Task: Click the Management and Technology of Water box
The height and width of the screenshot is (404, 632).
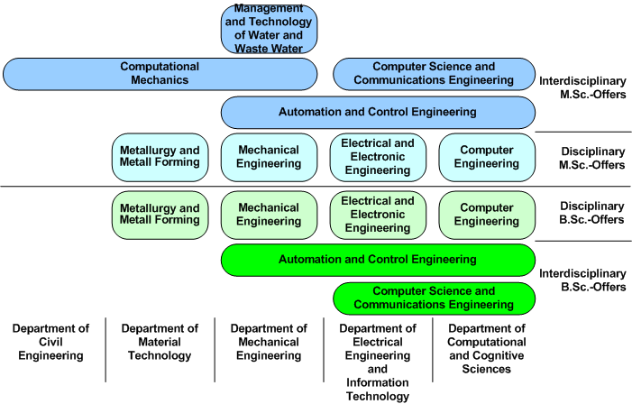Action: (x=269, y=29)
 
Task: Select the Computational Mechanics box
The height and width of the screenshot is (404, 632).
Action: (x=160, y=74)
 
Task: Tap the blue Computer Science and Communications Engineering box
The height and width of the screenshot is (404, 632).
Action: (x=434, y=74)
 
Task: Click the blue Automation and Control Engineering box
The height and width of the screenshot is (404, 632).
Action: (x=378, y=113)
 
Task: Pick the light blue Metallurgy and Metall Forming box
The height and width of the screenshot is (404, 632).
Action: (x=160, y=157)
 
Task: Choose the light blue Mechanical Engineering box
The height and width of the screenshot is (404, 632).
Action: (x=269, y=157)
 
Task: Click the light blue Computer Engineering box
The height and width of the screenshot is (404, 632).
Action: (x=486, y=157)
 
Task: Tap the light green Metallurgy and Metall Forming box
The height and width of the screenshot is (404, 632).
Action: (x=160, y=215)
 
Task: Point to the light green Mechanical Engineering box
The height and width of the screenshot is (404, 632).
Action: (x=269, y=215)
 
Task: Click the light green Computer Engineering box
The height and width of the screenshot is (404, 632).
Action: (x=486, y=215)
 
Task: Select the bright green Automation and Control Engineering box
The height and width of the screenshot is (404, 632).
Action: (x=378, y=260)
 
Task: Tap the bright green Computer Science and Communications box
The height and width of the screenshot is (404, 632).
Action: (x=434, y=298)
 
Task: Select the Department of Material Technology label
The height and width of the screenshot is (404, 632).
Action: (x=160, y=343)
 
